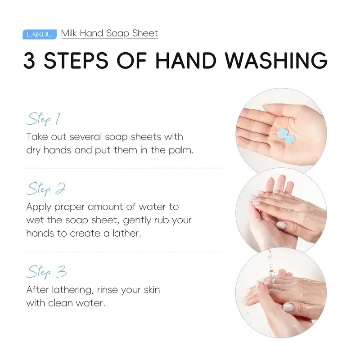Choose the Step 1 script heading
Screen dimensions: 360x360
pyautogui.click(x=43, y=119)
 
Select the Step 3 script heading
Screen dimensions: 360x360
pyautogui.click(x=46, y=272)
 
